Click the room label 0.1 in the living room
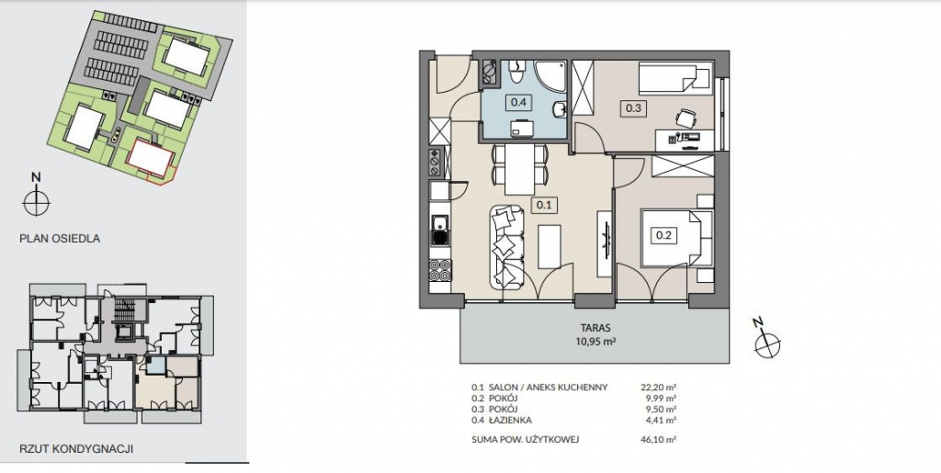(x=544, y=205)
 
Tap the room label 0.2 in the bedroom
(x=663, y=235)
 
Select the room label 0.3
(x=634, y=108)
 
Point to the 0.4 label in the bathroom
(x=518, y=102)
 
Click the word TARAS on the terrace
(x=595, y=328)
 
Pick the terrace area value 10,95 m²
(x=595, y=342)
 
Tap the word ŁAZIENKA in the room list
(x=510, y=421)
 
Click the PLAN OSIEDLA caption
(x=60, y=239)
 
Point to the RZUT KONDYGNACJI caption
(x=76, y=448)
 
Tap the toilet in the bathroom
(x=517, y=72)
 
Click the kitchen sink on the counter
(x=440, y=229)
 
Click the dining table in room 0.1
(x=520, y=170)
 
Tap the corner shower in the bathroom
(x=550, y=75)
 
